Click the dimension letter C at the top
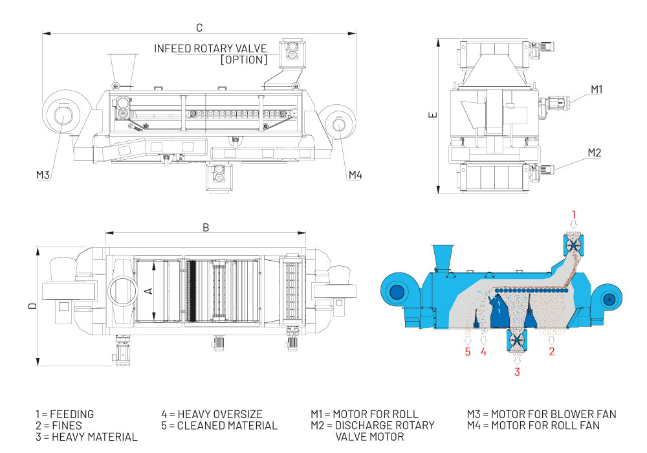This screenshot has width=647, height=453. [199, 27]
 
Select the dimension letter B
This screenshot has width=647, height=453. [206, 227]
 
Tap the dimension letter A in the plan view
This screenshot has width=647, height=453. [148, 291]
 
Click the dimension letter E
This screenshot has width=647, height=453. [433, 115]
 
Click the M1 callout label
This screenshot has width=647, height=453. [596, 89]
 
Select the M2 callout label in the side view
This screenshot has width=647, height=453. [595, 153]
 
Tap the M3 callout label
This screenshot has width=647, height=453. [43, 175]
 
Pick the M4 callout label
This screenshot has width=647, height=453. [355, 175]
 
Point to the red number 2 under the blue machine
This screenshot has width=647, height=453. [551, 352]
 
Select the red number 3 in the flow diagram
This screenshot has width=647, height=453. [517, 371]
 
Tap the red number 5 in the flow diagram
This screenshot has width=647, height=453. [466, 352]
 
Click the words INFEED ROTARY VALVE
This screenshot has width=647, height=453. [210, 49]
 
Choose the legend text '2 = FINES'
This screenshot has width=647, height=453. [59, 425]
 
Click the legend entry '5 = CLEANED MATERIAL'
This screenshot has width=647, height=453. [219, 425]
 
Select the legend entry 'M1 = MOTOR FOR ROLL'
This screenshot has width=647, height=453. [364, 414]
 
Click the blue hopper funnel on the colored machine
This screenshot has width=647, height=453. [443, 256]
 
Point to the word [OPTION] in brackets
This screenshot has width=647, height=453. [243, 60]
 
